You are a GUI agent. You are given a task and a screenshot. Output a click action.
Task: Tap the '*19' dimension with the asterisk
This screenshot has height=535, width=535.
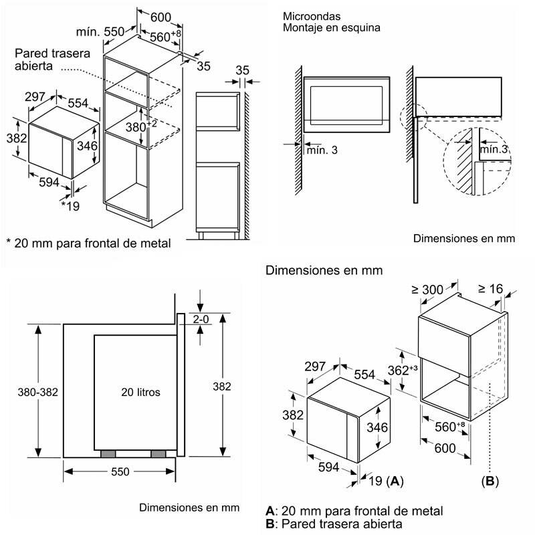pos(70,206)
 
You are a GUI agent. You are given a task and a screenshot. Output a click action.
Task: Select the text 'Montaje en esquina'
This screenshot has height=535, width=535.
pos(331,27)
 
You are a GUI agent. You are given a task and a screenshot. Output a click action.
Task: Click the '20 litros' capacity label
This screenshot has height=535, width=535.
pos(140,393)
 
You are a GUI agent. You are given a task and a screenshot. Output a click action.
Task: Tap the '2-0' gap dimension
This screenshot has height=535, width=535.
pos(201,320)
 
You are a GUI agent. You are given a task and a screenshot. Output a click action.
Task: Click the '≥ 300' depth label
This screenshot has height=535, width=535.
pos(427,290)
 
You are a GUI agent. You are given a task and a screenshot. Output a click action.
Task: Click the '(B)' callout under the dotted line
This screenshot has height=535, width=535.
pos(491,480)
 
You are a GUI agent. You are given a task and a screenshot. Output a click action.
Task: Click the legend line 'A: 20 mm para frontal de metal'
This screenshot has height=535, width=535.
pos(354,511)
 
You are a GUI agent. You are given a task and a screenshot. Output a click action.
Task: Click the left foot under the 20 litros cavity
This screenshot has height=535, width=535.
pos(107,454)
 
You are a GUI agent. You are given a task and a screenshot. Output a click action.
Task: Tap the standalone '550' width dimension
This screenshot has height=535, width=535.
pos(120,472)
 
